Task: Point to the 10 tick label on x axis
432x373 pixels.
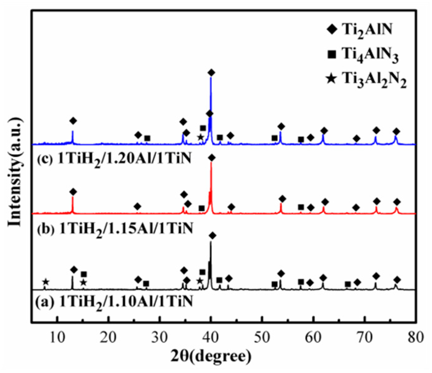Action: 57,337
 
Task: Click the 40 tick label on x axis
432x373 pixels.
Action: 211,337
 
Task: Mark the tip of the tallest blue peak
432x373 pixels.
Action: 211,77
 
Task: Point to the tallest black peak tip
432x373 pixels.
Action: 211,242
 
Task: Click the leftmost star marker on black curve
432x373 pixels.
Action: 45,282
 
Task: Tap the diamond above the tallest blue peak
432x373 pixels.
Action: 211,73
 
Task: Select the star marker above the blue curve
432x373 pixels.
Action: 201,137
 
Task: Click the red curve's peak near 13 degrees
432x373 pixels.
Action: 72,197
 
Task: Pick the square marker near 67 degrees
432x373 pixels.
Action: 348,284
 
